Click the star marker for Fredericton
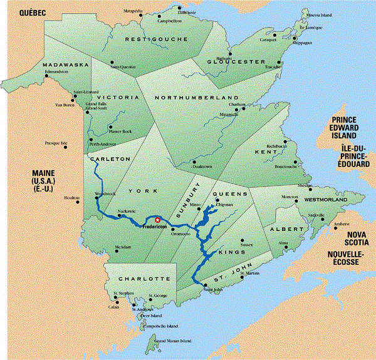[158, 219]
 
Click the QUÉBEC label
[18, 12]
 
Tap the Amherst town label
[340, 224]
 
